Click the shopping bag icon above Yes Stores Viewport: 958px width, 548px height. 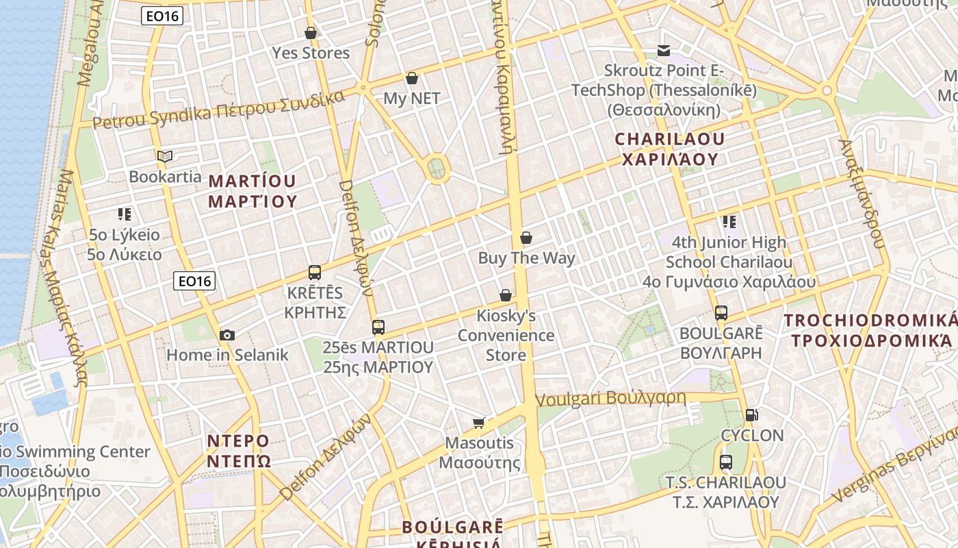[311, 33]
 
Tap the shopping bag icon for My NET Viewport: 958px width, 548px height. [412, 79]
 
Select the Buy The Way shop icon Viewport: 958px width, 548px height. [526, 238]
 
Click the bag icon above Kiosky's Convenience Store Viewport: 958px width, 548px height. [506, 295]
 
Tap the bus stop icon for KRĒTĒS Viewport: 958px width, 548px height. [315, 273]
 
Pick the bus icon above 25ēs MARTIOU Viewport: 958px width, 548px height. [378, 327]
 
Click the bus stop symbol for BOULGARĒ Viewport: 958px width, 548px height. [721, 313]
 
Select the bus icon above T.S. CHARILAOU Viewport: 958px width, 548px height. [726, 462]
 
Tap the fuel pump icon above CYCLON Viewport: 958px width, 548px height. [752, 415]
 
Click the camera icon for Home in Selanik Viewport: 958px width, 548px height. [227, 335]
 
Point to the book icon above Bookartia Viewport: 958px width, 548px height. [165, 156]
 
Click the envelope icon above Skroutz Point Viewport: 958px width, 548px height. [664, 51]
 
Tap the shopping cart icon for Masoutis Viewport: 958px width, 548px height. [479, 423]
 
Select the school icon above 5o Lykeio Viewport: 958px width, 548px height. [124, 214]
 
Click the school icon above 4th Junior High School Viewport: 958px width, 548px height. [729, 221]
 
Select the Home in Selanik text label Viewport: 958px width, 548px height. [228, 355]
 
